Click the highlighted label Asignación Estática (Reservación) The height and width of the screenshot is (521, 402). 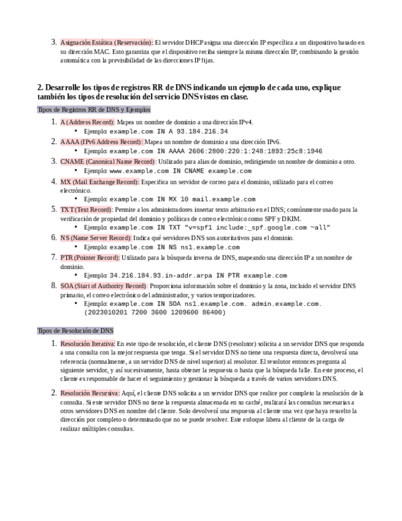coord(107,43)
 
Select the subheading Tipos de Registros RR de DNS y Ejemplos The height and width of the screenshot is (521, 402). coord(93,109)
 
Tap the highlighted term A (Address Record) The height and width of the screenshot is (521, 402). coord(88,122)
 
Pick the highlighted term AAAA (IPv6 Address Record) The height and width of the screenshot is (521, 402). coord(101,141)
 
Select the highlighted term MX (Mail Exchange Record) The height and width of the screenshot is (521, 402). coord(99,182)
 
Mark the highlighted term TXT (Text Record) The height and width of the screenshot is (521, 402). coord(86,210)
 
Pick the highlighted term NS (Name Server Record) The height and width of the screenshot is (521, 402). coord(96,238)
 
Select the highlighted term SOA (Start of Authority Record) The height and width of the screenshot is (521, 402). coord(104,286)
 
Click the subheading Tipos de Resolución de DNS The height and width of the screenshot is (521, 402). coord(75,331)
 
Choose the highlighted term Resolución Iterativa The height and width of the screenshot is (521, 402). coord(87,344)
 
